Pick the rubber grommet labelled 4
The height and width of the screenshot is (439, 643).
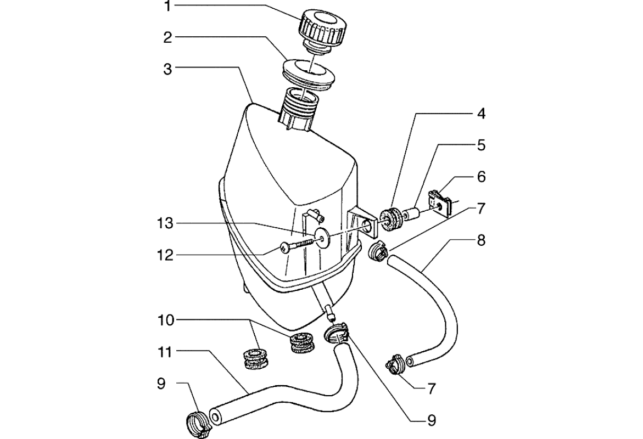tap(392, 220)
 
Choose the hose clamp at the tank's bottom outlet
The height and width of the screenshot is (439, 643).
tap(336, 332)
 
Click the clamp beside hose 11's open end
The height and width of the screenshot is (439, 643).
tap(197, 424)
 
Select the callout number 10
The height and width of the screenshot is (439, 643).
tap(164, 320)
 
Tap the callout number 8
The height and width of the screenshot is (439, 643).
tap(481, 240)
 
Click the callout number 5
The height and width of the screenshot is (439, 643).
tap(481, 145)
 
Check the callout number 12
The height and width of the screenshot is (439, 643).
tap(164, 255)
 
